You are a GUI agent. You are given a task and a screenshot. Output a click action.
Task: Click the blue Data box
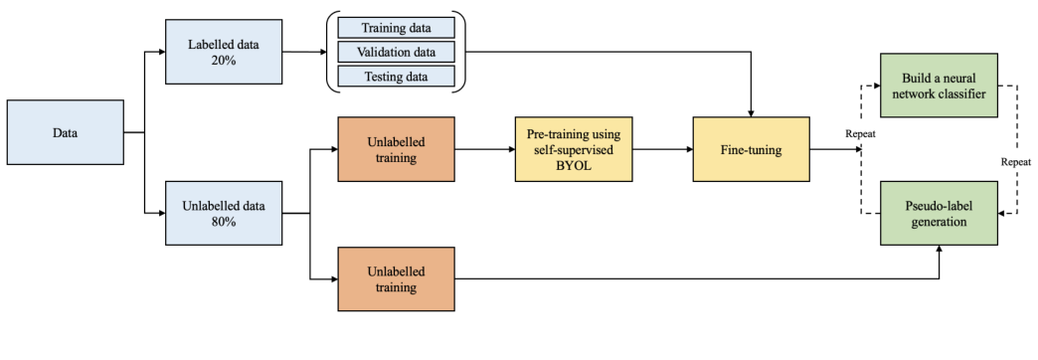66,131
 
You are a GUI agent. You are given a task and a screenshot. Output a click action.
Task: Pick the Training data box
396,28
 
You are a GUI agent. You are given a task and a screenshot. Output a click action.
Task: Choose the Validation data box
396,52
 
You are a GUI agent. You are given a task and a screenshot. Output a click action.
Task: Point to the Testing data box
396,76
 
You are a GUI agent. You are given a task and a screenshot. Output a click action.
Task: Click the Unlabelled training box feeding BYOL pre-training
396,149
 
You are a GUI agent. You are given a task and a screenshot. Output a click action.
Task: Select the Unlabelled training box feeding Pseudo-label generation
396,278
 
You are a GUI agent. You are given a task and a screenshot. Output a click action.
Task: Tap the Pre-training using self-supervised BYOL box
574,149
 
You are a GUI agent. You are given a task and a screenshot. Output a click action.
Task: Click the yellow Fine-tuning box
752,149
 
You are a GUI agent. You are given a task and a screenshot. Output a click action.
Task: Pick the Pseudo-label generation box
939,214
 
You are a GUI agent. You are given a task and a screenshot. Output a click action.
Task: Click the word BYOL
574,165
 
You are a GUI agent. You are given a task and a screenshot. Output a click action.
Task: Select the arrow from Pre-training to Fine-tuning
662,149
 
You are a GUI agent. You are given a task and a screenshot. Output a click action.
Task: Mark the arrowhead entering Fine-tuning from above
752,110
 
